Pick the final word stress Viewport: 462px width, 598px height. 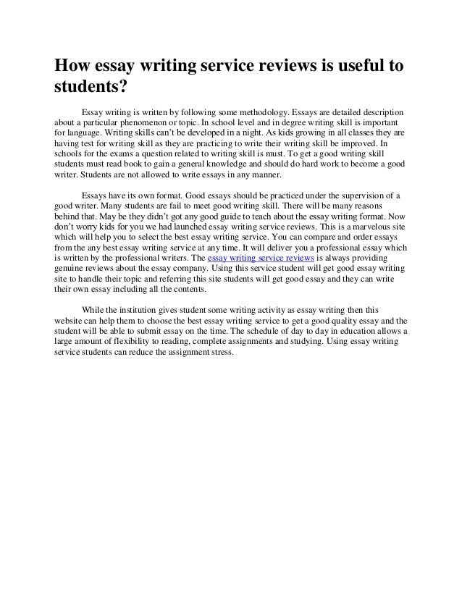pyautogui.click(x=220, y=351)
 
